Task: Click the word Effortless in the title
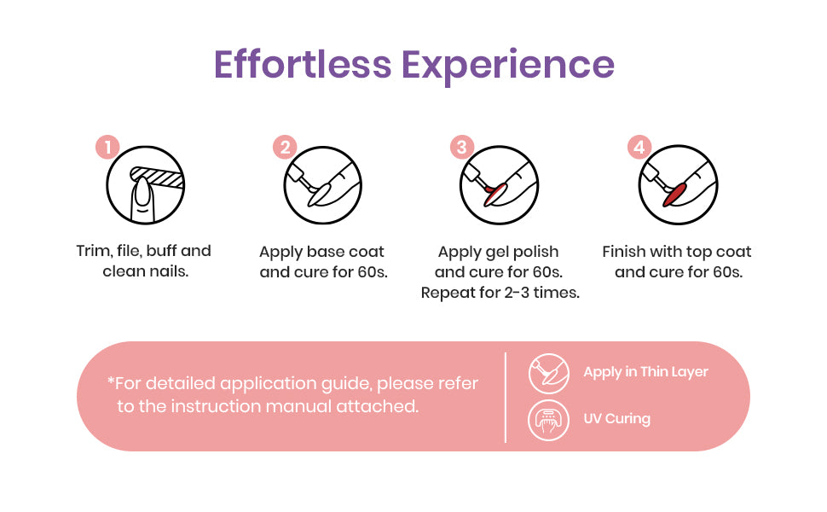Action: click(303, 64)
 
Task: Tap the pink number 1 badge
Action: click(107, 147)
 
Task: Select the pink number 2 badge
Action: click(285, 147)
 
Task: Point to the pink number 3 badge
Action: click(462, 147)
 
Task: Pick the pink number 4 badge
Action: click(639, 147)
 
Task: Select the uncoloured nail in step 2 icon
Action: click(319, 193)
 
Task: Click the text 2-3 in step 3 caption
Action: click(517, 293)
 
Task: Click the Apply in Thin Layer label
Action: click(645, 372)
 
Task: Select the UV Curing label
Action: click(616, 419)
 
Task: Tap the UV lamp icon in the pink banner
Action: click(548, 420)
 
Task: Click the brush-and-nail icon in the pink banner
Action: click(548, 374)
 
